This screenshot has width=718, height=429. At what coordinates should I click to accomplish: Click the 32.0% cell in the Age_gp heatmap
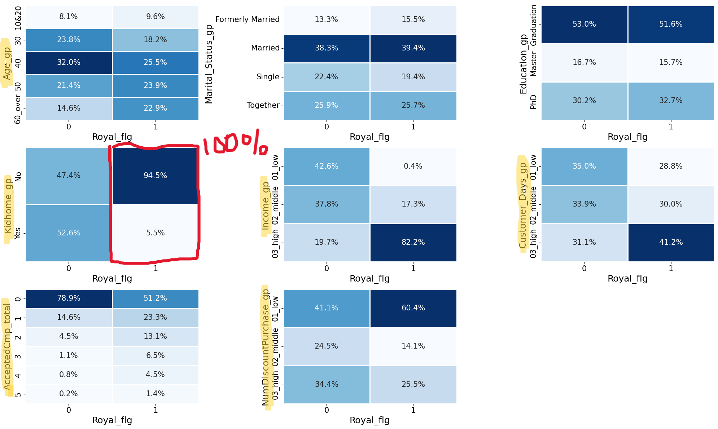69,62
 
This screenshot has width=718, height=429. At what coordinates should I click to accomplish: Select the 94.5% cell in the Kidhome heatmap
155,176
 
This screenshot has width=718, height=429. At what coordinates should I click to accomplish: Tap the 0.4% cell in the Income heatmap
413,166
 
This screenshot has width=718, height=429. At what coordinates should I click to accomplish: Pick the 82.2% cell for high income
413,242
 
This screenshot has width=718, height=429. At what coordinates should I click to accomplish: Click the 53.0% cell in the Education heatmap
584,24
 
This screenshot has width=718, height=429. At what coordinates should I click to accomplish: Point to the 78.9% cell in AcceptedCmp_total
69,298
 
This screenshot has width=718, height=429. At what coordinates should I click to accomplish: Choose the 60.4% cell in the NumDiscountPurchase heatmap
413,308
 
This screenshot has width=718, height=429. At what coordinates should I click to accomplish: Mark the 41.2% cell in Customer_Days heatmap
671,242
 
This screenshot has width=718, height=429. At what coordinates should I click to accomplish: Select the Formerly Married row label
247,19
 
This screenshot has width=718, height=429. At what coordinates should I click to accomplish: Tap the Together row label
263,105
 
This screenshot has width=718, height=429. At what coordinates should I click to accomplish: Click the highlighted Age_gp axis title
7,63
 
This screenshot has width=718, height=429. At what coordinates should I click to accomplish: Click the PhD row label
533,101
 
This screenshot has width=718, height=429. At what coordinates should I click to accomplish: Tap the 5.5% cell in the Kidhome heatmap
155,233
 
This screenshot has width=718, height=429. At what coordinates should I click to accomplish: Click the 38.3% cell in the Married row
326,48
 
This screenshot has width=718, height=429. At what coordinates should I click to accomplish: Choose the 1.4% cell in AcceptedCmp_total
155,394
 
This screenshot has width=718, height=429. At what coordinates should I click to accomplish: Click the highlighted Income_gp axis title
266,205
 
